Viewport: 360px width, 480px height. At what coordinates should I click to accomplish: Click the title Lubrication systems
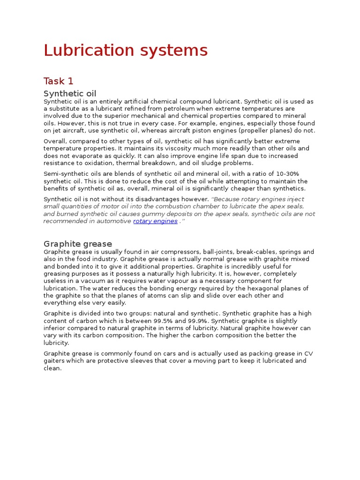coord(125,50)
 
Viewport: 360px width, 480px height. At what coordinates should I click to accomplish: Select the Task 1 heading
coord(58,81)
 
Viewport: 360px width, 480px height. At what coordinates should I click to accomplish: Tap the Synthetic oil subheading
coord(70,94)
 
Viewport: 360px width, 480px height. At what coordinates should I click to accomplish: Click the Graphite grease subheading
coord(77,244)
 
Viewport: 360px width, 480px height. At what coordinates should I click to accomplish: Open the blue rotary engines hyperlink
coord(155,221)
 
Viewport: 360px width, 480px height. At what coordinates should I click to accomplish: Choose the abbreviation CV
coord(309,353)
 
